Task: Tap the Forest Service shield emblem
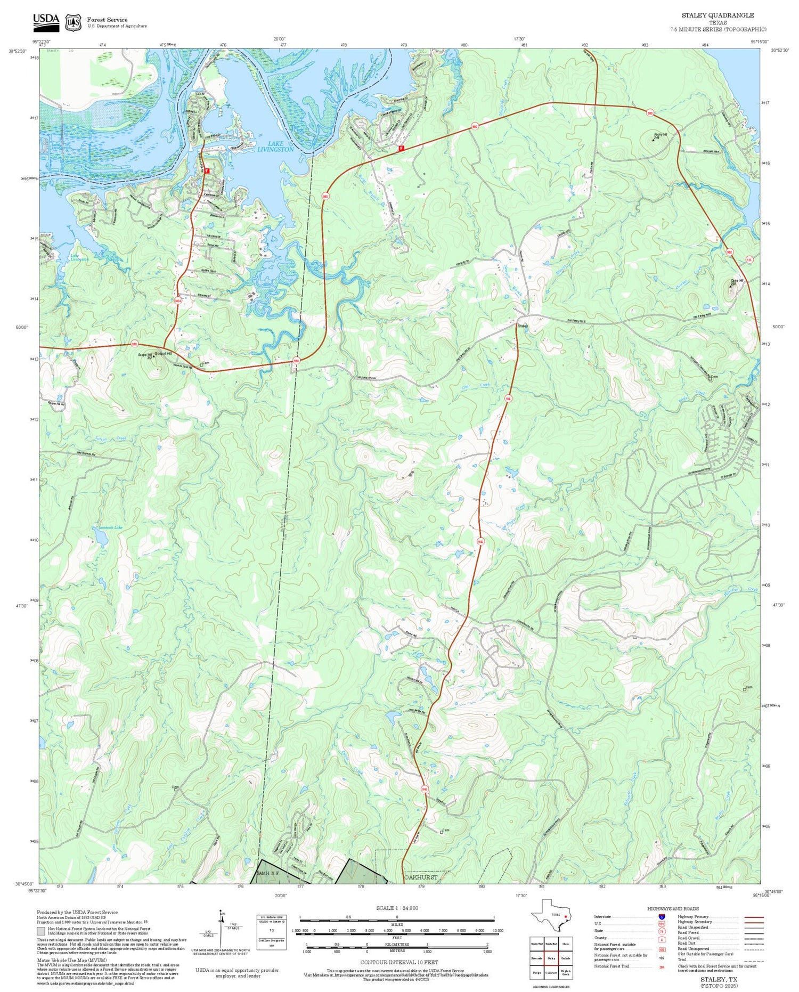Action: (x=73, y=22)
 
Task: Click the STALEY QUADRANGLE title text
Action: (x=718, y=15)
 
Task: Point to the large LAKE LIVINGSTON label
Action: (x=275, y=147)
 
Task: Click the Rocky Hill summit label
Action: (x=660, y=135)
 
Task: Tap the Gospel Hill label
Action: (x=162, y=354)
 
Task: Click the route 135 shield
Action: (x=749, y=260)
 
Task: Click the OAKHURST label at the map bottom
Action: (x=421, y=877)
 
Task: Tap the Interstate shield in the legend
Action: (x=661, y=917)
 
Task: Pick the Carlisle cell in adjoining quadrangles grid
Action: (x=566, y=958)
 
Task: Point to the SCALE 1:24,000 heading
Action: (x=397, y=908)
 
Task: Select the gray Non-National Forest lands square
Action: (x=41, y=931)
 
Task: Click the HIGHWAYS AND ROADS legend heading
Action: (x=673, y=908)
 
